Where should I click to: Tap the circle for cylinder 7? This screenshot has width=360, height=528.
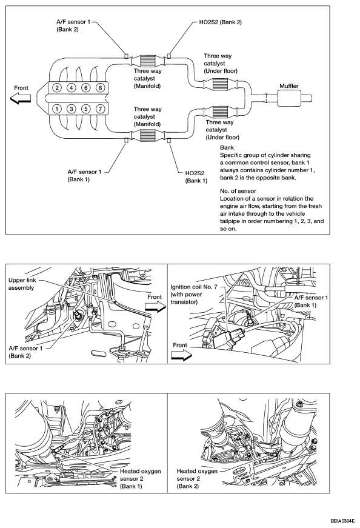(100, 109)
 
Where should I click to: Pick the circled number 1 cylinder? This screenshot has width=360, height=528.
(57, 109)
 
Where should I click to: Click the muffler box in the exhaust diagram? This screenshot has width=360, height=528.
(289, 98)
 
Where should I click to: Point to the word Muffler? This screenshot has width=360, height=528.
(289, 86)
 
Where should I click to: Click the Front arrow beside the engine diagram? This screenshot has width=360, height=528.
(20, 99)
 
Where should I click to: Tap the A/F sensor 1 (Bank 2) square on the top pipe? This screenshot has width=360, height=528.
(126, 56)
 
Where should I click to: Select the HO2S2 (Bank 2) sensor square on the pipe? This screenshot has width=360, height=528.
(168, 56)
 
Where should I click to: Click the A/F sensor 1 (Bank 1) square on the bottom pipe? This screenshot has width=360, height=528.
(126, 141)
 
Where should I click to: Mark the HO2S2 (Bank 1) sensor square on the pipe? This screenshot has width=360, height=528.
(168, 141)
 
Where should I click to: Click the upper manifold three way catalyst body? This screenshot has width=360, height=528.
(147, 61)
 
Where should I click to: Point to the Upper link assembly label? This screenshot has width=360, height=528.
(22, 284)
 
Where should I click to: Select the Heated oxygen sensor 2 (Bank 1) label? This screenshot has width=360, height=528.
(140, 478)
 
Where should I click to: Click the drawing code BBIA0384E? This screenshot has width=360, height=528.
(342, 520)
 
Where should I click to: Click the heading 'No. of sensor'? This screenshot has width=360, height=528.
(238, 191)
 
